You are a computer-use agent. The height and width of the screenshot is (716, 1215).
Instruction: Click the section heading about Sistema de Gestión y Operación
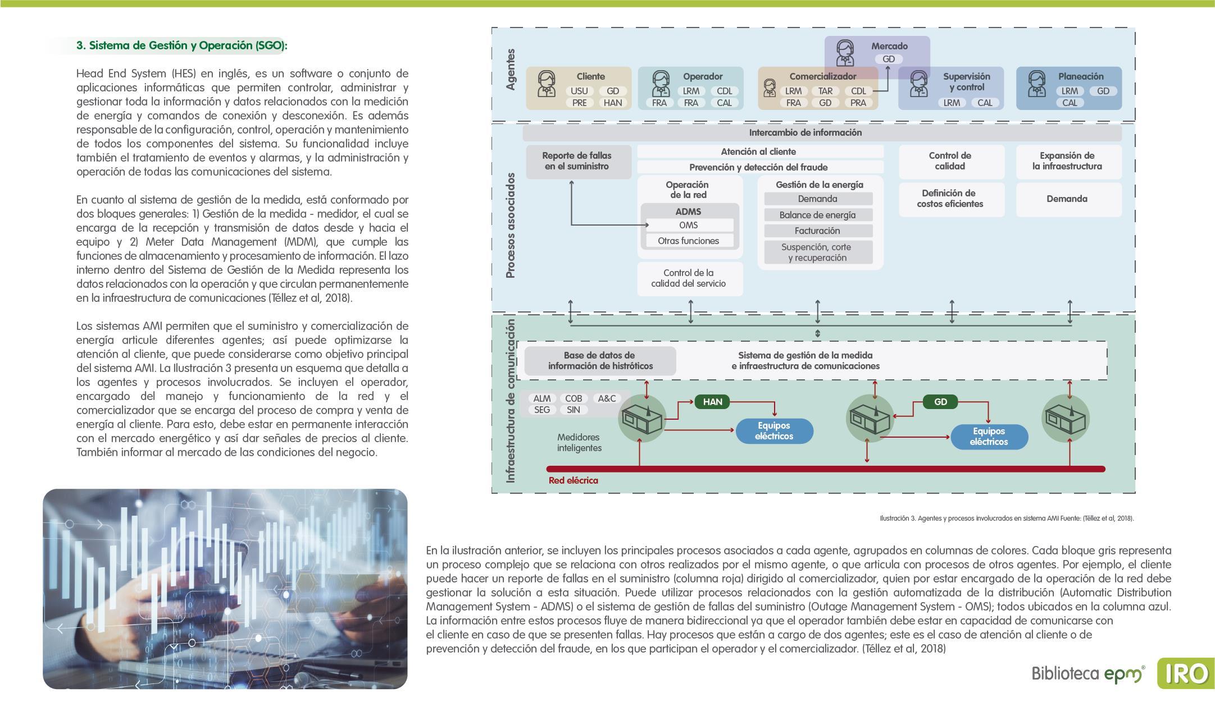pos(181,45)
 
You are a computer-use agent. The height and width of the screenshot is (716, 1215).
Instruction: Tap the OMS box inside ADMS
pos(689,225)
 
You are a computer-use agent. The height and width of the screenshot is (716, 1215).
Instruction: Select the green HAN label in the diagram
pos(712,402)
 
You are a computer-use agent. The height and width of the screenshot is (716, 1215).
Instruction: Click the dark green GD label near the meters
pos(940,402)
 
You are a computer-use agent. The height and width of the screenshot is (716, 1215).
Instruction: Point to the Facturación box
pos(817,231)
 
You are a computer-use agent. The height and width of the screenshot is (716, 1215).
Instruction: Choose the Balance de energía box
pos(817,215)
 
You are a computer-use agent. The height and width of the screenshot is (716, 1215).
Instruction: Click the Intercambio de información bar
pos(805,133)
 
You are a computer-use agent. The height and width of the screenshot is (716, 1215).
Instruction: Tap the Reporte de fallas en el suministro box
pos(576,161)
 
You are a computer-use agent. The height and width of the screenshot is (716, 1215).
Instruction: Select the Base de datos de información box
pos(600,361)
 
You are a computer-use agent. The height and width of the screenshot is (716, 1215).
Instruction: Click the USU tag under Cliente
pos(579,91)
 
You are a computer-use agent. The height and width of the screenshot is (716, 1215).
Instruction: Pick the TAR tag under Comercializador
pos(825,91)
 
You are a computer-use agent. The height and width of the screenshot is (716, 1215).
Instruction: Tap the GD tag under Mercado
pos(889,59)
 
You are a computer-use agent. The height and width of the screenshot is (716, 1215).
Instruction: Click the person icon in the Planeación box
pos(1036,84)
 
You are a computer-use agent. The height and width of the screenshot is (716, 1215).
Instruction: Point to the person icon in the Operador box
pos(661,84)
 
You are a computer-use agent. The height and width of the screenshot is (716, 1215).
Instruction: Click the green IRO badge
pos(1185,673)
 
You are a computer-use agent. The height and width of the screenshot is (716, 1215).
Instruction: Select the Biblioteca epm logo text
pos(1087,673)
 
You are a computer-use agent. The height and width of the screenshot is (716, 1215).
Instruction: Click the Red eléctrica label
pos(573,480)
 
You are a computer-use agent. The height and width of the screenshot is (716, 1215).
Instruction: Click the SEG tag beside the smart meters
pos(541,410)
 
